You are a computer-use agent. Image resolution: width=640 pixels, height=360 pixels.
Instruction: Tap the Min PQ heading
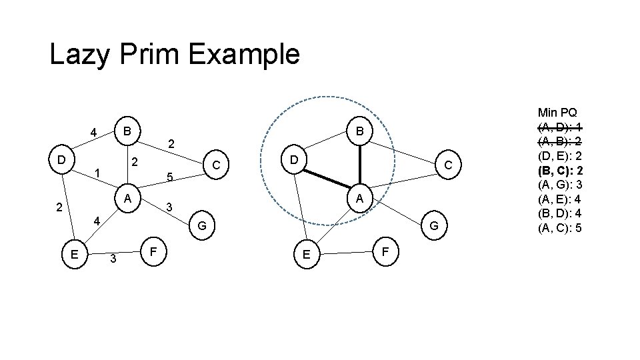(557, 112)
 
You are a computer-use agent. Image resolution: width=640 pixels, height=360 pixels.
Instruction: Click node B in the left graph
(126, 129)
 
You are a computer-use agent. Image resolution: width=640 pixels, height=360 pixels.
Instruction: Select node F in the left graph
(154, 253)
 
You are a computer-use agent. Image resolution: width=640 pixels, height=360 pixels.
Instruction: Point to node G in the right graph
(433, 226)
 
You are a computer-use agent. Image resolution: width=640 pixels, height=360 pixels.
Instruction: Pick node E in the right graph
(306, 253)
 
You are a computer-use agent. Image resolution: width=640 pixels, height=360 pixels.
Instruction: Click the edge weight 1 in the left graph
(97, 174)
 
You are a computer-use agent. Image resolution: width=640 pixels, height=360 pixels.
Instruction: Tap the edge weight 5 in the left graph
(170, 178)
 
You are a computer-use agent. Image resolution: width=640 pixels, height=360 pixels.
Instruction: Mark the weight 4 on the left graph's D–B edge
(95, 131)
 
